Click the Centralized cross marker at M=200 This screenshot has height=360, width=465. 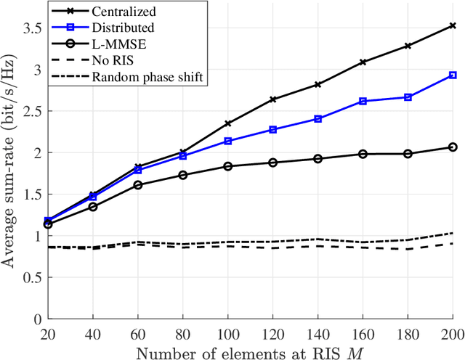(453, 25)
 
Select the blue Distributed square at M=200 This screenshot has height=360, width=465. (453, 75)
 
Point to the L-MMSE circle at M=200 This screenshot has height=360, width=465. (453, 147)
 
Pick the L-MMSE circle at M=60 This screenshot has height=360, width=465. (138, 185)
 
